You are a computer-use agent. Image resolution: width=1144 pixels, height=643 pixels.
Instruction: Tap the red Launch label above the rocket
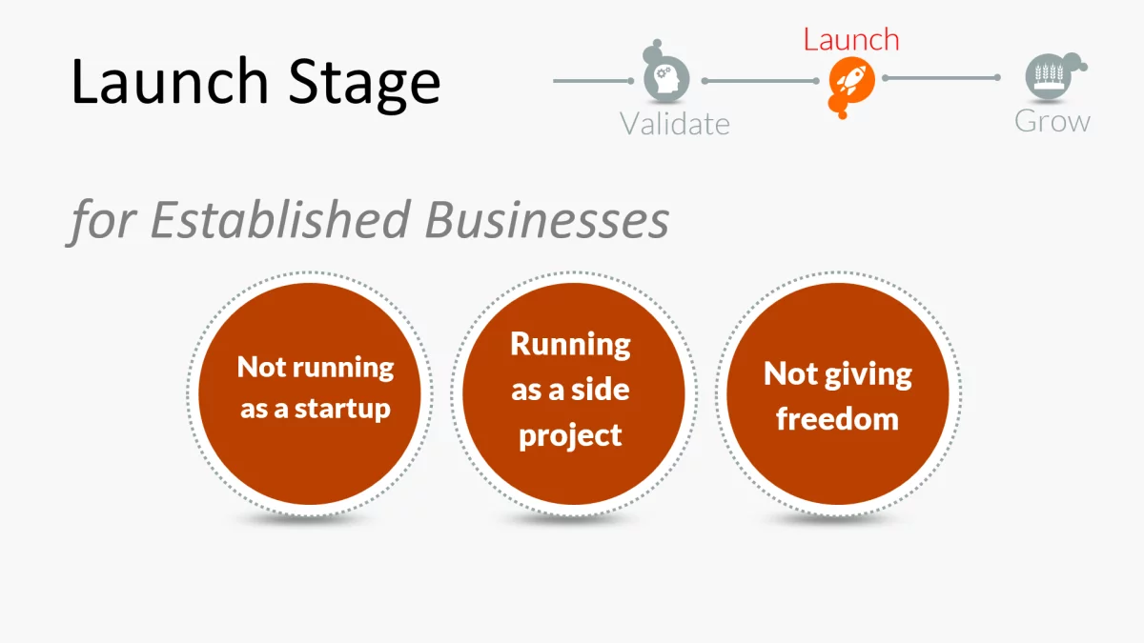pyautogui.click(x=851, y=40)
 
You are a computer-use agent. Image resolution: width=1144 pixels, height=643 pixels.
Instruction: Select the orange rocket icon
pyautogui.click(x=846, y=80)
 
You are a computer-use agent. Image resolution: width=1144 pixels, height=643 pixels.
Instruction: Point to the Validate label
pyautogui.click(x=674, y=124)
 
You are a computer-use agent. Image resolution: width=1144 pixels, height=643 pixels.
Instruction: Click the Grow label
pyautogui.click(x=1052, y=121)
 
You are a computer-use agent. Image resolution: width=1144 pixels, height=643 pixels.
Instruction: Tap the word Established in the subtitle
pyautogui.click(x=281, y=220)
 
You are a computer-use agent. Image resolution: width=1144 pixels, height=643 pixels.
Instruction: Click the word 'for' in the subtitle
pyautogui.click(x=104, y=220)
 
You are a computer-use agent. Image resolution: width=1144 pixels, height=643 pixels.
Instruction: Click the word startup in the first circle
pyautogui.click(x=342, y=410)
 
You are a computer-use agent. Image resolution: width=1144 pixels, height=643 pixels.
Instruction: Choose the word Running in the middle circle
pyautogui.click(x=570, y=344)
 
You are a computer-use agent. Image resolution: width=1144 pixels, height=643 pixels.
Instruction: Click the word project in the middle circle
pyautogui.click(x=570, y=435)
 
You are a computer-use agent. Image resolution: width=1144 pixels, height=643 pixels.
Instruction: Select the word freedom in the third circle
pyautogui.click(x=837, y=419)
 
